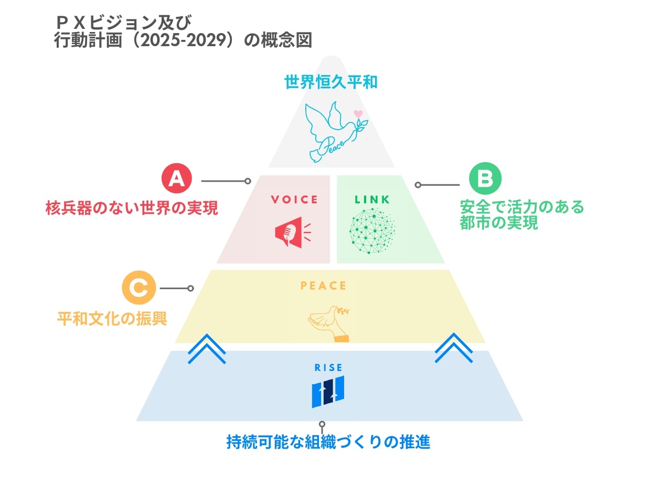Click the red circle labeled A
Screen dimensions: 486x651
(x=176, y=180)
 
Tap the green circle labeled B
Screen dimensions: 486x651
(x=485, y=180)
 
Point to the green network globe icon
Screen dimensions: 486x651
(x=372, y=231)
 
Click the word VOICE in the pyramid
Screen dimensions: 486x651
(x=294, y=199)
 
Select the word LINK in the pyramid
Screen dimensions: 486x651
(x=372, y=199)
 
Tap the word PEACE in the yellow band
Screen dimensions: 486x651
(x=323, y=286)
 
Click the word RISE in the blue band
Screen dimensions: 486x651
(x=328, y=368)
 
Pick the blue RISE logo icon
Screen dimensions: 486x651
(x=328, y=392)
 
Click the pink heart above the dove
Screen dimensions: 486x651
(x=358, y=113)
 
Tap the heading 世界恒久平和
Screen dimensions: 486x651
(x=331, y=82)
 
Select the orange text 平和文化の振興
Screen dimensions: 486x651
(x=112, y=319)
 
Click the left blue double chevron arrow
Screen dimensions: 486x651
(x=207, y=348)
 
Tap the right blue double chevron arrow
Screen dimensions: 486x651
(x=454, y=348)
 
